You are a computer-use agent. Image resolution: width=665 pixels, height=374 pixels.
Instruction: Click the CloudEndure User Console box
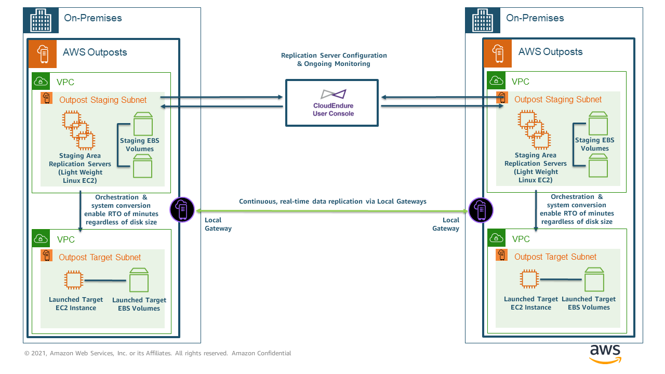pyautogui.click(x=332, y=102)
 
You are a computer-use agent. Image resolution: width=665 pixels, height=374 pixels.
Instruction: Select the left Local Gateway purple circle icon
pyautogui.click(x=182, y=210)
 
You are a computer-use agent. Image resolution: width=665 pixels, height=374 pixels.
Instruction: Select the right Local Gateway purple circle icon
pyautogui.click(x=481, y=210)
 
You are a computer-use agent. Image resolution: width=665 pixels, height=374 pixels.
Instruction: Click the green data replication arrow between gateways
pyautogui.click(x=331, y=210)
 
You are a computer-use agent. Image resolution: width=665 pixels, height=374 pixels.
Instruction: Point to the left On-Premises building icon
pyautogui.click(x=41, y=21)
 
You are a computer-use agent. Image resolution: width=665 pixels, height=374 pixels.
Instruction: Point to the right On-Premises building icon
pyautogui.click(x=482, y=21)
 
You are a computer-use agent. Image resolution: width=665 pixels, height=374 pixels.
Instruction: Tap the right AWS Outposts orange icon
pyautogui.click(x=498, y=54)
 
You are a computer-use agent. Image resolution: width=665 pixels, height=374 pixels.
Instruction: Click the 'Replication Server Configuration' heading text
pyautogui.click(x=334, y=56)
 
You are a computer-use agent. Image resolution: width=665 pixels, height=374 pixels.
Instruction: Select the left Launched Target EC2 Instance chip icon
pyautogui.click(x=74, y=280)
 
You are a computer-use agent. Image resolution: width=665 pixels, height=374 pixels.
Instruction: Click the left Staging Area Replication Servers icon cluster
pyautogui.click(x=78, y=129)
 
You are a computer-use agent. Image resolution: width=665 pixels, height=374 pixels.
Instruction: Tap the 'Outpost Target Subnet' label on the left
pyautogui.click(x=100, y=258)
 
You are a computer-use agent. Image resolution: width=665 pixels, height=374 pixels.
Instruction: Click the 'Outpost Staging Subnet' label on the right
pyautogui.click(x=557, y=100)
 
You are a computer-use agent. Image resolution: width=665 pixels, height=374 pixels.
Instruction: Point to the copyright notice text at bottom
pyautogui.click(x=157, y=353)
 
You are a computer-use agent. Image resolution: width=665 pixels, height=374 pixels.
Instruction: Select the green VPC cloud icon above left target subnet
pyautogui.click(x=41, y=238)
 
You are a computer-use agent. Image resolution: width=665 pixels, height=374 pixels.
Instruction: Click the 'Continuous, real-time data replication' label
pyautogui.click(x=332, y=202)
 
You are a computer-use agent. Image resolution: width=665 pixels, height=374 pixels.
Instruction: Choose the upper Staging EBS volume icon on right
pyautogui.click(x=598, y=123)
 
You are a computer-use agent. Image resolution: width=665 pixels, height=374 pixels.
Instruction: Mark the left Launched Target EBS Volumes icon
pyautogui.click(x=139, y=280)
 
